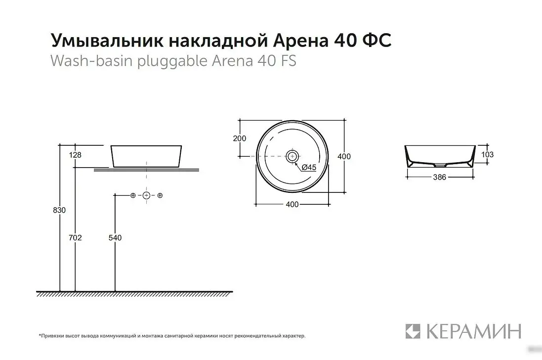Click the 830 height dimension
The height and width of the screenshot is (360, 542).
tap(59, 210)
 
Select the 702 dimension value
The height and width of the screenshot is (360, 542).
tap(75, 238)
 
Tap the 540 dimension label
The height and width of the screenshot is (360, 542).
tap(115, 238)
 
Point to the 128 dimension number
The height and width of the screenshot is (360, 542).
tap(75, 155)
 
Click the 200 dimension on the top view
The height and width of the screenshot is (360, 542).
tap(239, 138)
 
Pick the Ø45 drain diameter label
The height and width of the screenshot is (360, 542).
tap(308, 168)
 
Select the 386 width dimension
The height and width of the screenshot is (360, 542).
tap(439, 177)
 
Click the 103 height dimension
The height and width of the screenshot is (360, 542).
tap(487, 154)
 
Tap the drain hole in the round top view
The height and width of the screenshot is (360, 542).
tap(292, 156)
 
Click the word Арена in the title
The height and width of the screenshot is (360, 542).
tap(299, 41)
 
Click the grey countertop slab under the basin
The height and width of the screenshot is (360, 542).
tap(146, 170)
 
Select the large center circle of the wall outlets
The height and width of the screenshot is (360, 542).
tap(146, 195)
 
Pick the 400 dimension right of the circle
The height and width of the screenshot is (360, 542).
tap(344, 156)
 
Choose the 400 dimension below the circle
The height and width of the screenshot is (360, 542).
tap(292, 205)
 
